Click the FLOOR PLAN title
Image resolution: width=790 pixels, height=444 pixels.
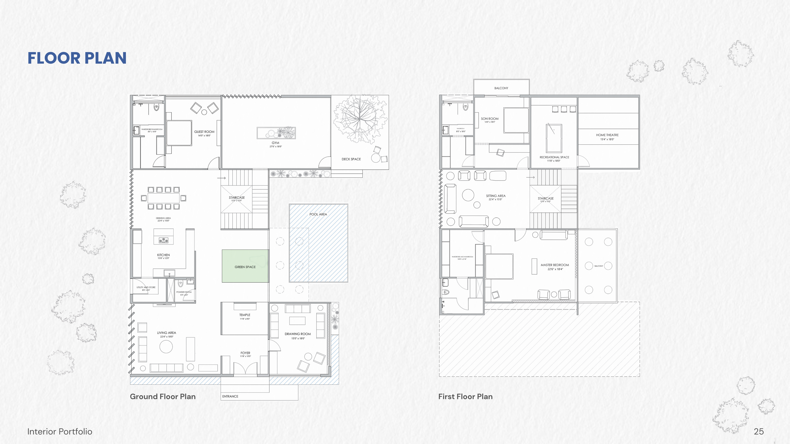[x=77, y=58]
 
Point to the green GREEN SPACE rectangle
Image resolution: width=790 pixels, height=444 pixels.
[x=245, y=266]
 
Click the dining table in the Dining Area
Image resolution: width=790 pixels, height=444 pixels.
[x=163, y=198]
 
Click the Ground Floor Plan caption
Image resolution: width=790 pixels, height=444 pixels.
[x=163, y=396]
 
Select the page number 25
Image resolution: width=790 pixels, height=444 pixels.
[x=759, y=432]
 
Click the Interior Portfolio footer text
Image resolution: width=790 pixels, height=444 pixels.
[x=60, y=432]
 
